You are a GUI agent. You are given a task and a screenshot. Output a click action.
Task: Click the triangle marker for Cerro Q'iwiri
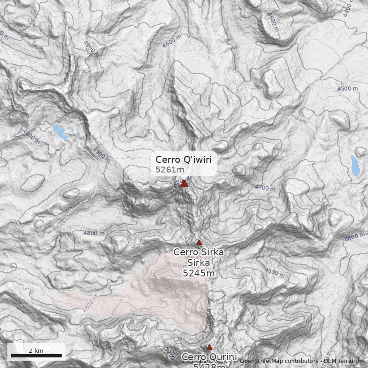coord(184,184)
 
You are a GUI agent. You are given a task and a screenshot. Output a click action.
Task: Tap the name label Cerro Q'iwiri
coord(184,160)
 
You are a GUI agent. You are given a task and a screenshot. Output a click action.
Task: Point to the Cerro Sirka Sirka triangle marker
coord(199,242)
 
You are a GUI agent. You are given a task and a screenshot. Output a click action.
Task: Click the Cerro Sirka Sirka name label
coord(199,257)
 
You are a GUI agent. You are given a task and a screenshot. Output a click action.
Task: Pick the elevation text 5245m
coord(199,273)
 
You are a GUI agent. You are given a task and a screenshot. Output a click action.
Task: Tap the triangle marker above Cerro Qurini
coord(209,347)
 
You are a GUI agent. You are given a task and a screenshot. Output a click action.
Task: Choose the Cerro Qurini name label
coord(209,357)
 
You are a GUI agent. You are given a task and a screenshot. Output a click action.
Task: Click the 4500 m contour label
coord(347,88)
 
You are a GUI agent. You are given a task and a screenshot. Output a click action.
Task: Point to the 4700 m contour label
coord(265,188)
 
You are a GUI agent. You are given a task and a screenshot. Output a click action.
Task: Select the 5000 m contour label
coord(177,264)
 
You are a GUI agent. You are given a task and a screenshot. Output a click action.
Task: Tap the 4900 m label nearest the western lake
coord(102,154)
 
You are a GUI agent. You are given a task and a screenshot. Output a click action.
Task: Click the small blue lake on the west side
coord(60,132)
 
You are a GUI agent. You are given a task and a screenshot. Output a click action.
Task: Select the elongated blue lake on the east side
coord(355,166)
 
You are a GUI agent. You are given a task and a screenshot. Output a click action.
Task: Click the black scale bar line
coord(36,356)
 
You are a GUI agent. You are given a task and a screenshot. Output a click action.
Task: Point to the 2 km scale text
coord(36,351)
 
